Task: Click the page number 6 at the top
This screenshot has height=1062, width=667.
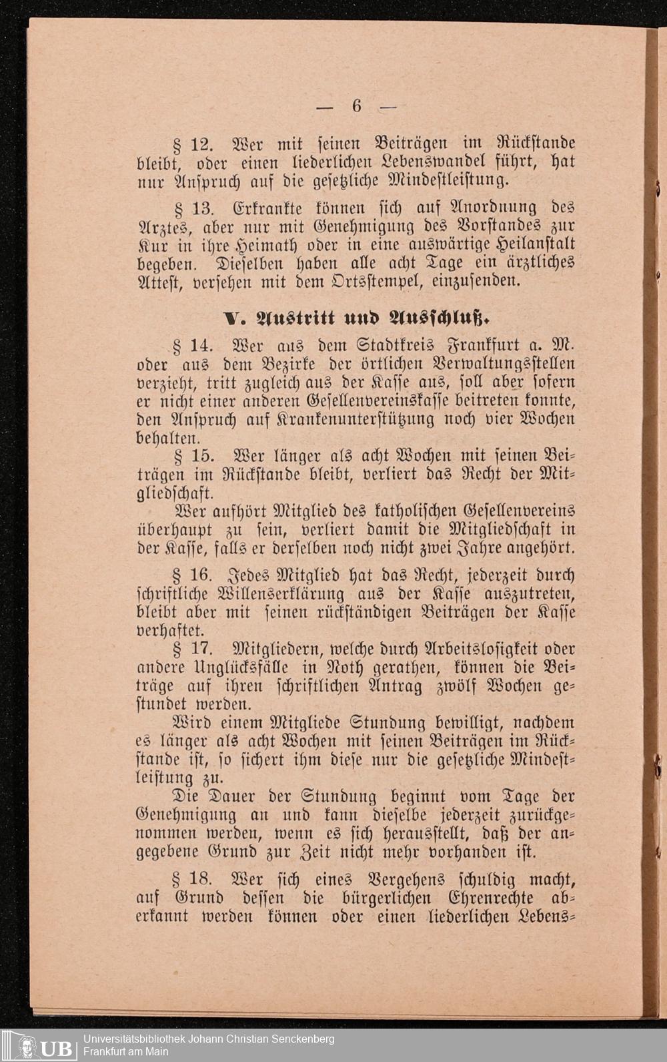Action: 357,105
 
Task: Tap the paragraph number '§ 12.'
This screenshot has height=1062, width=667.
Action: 193,143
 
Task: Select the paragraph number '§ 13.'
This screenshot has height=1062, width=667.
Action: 193,208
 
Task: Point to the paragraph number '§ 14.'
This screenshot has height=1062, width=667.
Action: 193,346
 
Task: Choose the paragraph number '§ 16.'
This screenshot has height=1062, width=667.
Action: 193,575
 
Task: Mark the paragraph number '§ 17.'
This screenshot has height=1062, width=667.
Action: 193,648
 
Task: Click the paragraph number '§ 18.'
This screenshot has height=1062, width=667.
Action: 193,879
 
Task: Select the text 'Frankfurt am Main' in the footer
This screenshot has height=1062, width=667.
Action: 126,1052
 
